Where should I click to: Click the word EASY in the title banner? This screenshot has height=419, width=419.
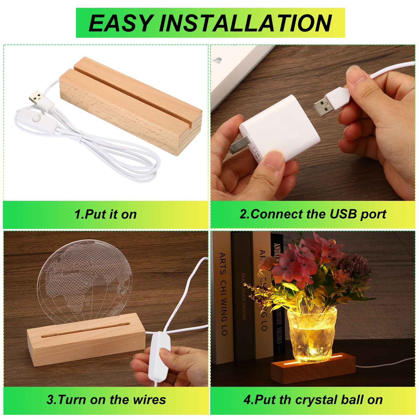121,23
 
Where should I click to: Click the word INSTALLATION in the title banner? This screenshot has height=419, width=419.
246,23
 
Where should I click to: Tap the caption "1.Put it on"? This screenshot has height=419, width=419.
106,214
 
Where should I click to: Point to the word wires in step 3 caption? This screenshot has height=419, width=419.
150,400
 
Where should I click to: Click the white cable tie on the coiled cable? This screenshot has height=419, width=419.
82,136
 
